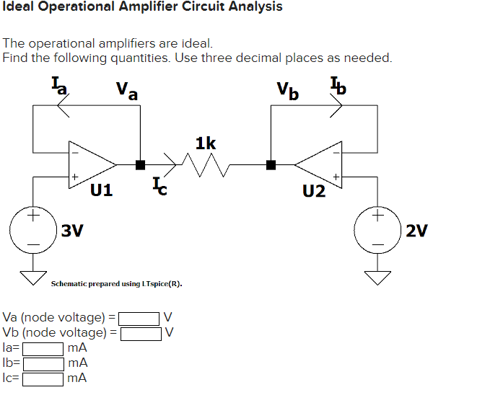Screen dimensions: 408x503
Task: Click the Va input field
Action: click(139, 317)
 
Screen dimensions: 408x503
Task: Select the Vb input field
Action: click(140, 333)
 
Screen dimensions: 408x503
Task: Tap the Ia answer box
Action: click(43, 348)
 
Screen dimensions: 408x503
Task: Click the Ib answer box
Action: click(43, 363)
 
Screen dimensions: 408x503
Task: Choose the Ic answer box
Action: click(43, 378)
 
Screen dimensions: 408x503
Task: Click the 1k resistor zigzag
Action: click(206, 167)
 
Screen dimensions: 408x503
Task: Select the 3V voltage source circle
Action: click(32, 230)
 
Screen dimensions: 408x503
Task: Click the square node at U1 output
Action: click(141, 164)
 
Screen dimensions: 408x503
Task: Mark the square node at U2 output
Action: click(271, 164)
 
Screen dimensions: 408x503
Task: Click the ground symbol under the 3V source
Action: click(32, 277)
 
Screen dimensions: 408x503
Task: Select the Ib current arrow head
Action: click(336, 106)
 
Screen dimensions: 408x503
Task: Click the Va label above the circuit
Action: click(128, 91)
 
